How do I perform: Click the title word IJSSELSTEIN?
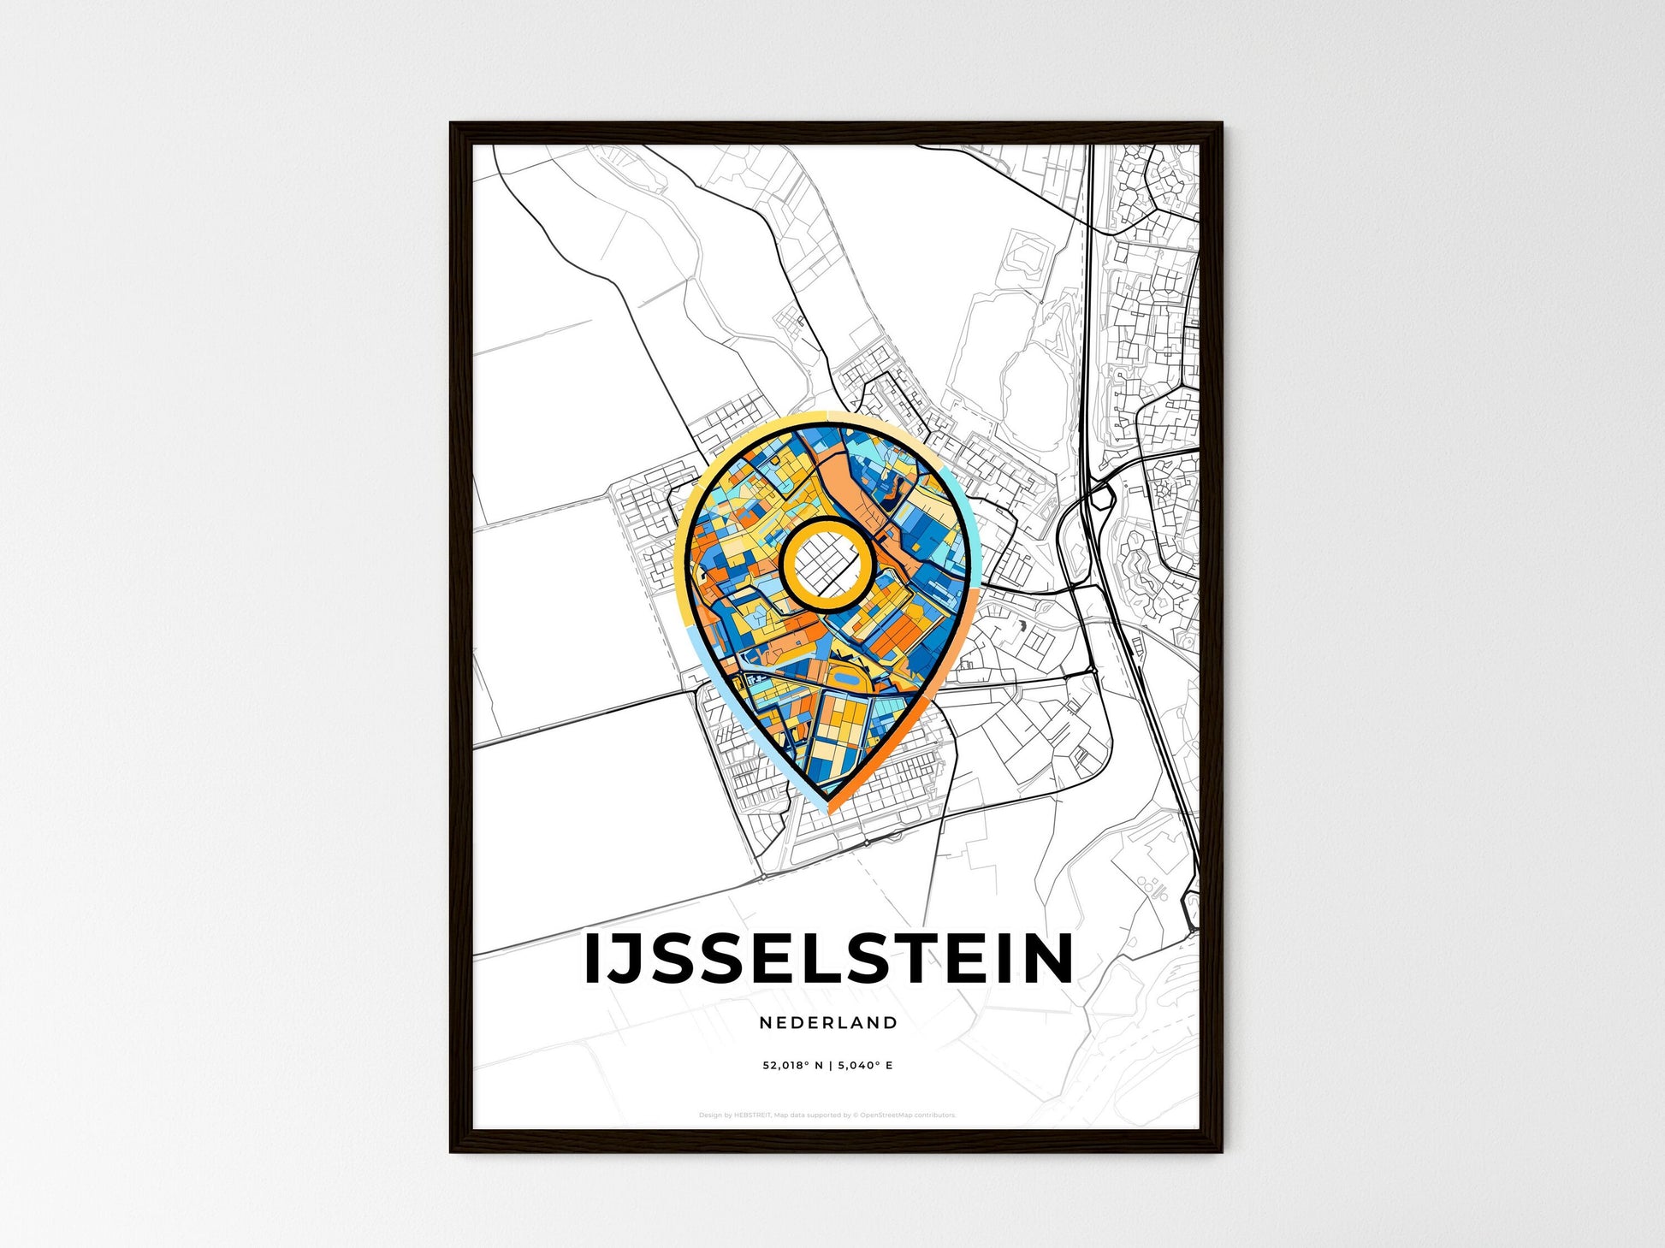point(828,958)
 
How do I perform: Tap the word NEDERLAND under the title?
point(828,1022)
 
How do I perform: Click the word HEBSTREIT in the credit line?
point(753,1115)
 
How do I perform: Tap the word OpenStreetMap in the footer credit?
point(885,1115)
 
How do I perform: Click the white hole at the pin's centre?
point(827,565)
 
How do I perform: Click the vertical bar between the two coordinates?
point(827,1066)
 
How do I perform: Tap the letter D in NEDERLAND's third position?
point(799,1022)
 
